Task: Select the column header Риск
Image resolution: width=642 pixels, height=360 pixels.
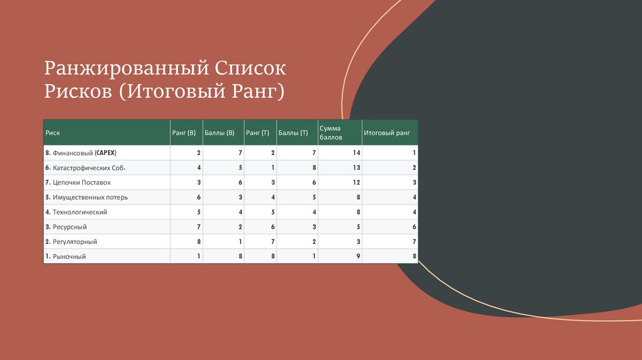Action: click(53, 133)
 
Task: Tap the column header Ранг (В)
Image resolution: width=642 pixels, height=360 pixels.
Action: click(184, 133)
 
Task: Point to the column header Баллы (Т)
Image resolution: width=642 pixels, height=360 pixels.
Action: click(293, 133)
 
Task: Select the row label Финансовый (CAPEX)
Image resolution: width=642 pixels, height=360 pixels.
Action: click(81, 153)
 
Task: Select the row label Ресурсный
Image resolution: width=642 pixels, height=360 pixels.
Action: click(66, 226)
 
